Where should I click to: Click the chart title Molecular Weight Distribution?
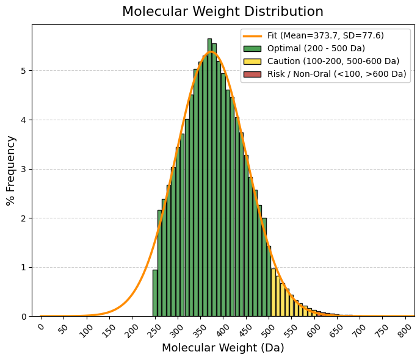pyautogui.click(x=223, y=12)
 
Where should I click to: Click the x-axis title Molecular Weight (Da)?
pyautogui.click(x=223, y=348)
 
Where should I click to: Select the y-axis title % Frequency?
pyautogui.click(x=10, y=170)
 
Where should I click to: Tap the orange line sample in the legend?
pyautogui.click(x=252, y=36)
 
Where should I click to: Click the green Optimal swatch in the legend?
pyautogui.click(x=252, y=48)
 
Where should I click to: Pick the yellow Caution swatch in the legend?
pyautogui.click(x=252, y=61)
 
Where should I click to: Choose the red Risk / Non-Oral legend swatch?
pyautogui.click(x=252, y=74)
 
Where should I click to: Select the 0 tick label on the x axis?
pyautogui.click(x=42, y=327)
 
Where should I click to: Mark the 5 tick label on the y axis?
pyautogui.click(x=24, y=71)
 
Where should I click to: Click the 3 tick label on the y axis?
pyautogui.click(x=24, y=169)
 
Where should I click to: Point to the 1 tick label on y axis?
pyautogui.click(x=24, y=267)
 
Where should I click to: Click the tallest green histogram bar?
pyautogui.click(x=209, y=177)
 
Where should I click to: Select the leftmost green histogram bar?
pyautogui.click(x=155, y=293)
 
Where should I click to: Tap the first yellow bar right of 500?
pyautogui.click(x=273, y=293)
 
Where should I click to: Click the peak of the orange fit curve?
pyautogui.click(x=211, y=52)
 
